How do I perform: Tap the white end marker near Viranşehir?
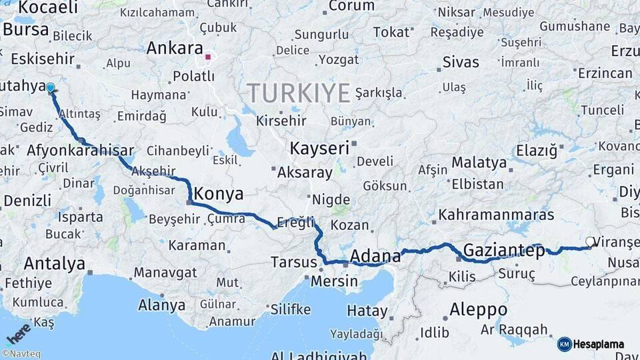(590, 242)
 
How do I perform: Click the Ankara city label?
(175, 48)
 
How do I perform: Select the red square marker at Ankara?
(208, 57)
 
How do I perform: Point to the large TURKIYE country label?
(298, 93)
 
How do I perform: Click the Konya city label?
(217, 194)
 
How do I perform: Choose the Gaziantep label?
(503, 251)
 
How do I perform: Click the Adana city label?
(375, 256)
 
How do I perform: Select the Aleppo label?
(478, 309)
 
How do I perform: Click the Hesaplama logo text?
(599, 344)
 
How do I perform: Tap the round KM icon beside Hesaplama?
(565, 344)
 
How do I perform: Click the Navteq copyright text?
(21, 354)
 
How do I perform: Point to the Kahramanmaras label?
(497, 215)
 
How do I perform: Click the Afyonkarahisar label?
(80, 151)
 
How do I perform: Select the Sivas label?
(461, 63)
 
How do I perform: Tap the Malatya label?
(479, 162)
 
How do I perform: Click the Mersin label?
(334, 281)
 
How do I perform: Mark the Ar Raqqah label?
(514, 329)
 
